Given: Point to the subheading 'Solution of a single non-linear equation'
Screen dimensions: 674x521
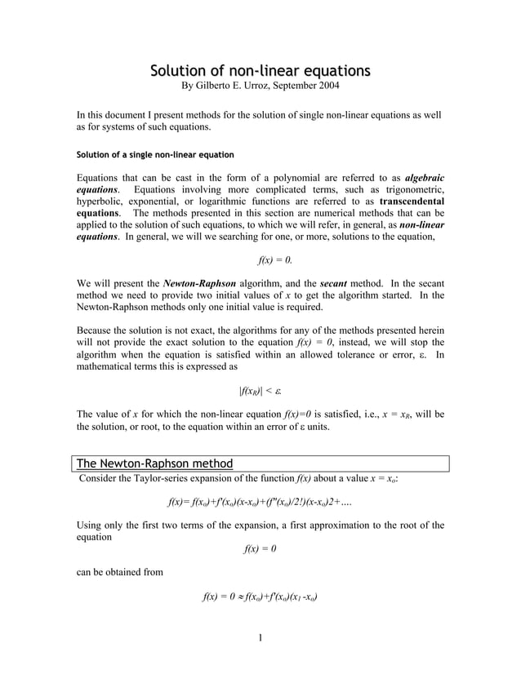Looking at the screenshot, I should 155,154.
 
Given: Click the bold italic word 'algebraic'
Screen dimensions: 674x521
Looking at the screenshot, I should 424,177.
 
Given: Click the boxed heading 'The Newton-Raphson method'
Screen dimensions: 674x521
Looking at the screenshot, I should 154,464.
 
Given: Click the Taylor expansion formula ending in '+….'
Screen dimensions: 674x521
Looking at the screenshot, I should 260,502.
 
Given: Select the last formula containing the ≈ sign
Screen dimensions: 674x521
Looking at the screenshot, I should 260,596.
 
